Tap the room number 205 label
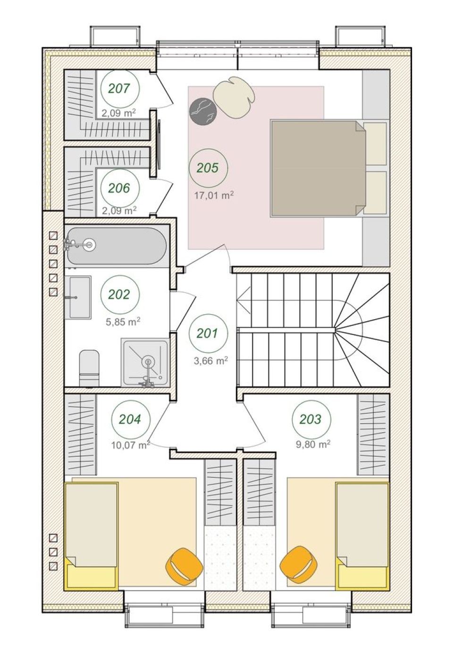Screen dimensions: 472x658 (x=208, y=168)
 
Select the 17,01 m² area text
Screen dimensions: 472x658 (x=214, y=195)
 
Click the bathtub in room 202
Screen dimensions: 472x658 (x=117, y=246)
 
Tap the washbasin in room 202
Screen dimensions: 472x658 (x=80, y=297)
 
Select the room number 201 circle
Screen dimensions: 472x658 (x=208, y=333)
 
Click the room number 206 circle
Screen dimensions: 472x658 (x=119, y=188)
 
